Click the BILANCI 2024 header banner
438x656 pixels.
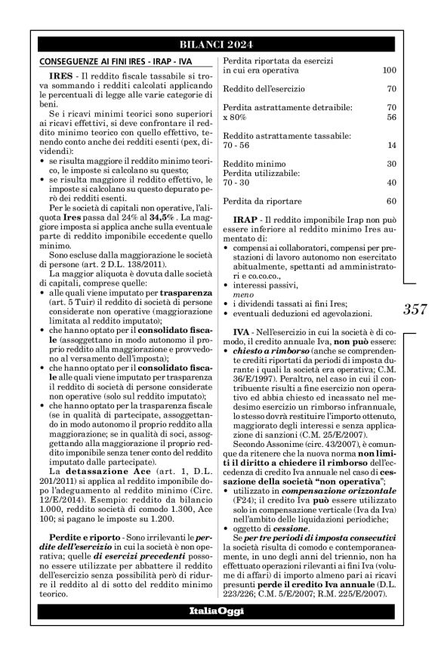pyautogui.click(x=219, y=44)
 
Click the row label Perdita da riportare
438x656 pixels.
pyautogui.click(x=263, y=202)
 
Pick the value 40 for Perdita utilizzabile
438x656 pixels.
pyautogui.click(x=391, y=183)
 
